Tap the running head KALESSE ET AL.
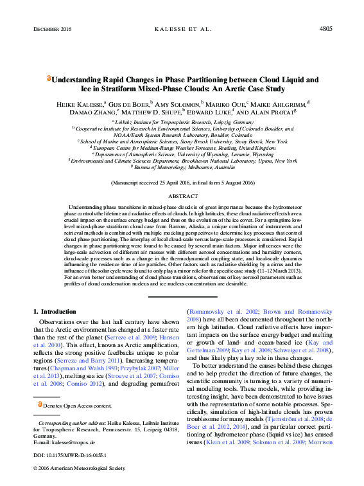tap(182, 29)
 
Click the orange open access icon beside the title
tap(48, 78)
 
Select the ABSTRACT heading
tap(182, 195)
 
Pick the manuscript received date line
tap(182, 183)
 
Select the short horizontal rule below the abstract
tap(182, 296)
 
